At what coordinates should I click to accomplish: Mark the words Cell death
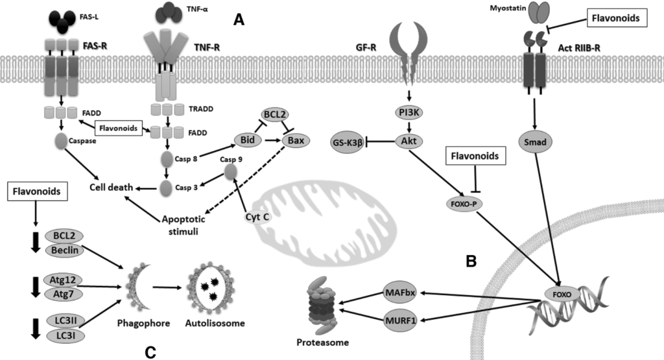coord(112,188)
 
